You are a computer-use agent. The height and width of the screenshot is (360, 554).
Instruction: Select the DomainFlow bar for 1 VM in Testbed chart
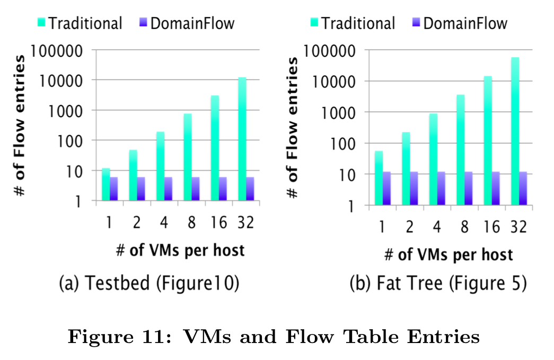point(113,189)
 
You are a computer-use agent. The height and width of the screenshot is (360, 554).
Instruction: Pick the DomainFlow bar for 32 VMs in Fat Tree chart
point(523,188)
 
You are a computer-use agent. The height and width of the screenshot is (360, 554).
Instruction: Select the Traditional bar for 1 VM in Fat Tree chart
point(379,178)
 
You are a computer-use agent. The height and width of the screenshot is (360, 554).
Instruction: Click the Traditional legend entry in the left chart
point(80,23)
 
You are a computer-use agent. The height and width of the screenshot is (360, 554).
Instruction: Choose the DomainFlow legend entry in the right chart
point(459,23)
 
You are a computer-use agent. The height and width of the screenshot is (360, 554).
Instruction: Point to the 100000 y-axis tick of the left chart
point(58,51)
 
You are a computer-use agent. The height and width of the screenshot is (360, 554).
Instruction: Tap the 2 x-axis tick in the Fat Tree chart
point(409,227)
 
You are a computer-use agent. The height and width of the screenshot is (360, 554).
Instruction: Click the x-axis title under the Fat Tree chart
point(449,254)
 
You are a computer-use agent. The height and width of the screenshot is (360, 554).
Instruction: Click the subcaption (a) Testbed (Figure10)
point(148,284)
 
